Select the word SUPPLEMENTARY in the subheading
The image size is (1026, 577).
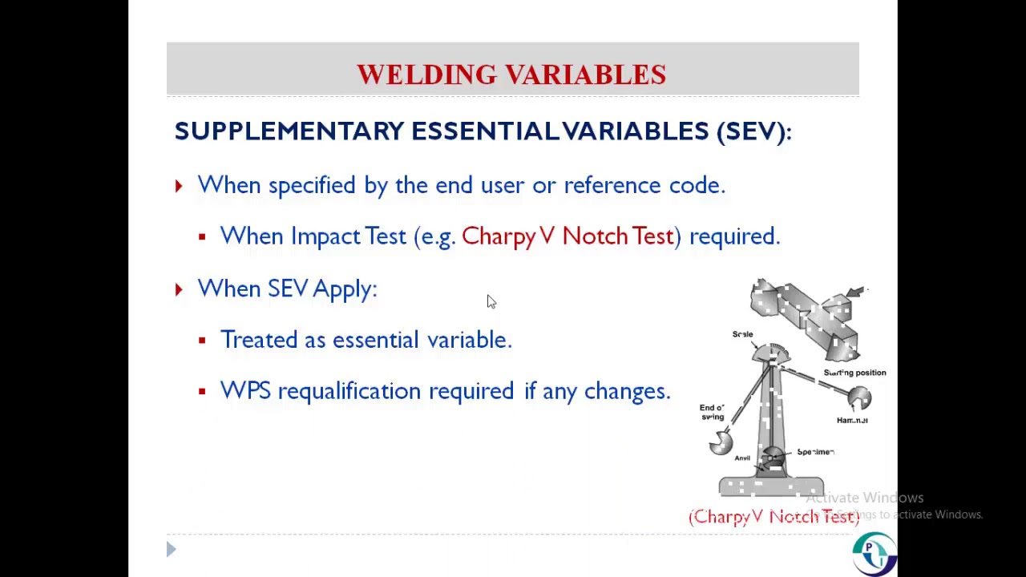[289, 131]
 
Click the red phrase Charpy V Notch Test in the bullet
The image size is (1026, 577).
[568, 236]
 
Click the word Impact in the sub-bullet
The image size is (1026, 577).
[325, 236]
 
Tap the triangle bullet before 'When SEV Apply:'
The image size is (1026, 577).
[178, 289]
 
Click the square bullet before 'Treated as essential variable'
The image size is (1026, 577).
[202, 341]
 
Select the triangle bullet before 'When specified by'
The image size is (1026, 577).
[178, 186]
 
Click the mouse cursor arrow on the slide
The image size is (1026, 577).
[491, 301]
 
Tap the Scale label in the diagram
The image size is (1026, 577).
[742, 334]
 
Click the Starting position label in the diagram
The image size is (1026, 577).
[854, 373]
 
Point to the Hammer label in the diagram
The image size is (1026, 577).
[852, 420]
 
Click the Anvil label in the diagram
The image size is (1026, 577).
[742, 458]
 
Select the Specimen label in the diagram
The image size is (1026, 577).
[815, 452]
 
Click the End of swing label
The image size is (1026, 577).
[712, 412]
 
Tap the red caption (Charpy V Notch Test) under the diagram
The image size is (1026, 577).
[774, 517]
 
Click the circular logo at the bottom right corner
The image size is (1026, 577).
[874, 553]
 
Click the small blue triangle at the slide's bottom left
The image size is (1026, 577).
[171, 549]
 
